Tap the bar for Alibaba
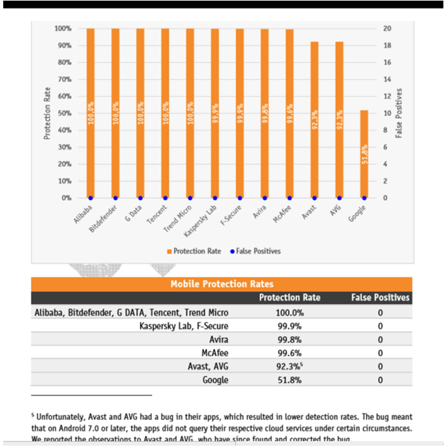(91, 113)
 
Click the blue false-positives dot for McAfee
(290, 198)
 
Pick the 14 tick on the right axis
(387, 80)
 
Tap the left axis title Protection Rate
(47, 113)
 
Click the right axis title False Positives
(399, 113)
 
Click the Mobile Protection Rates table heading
(221, 284)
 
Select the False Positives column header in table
(380, 298)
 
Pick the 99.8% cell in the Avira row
(288, 339)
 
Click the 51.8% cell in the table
(288, 380)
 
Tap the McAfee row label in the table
(214, 353)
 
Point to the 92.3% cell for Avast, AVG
(288, 366)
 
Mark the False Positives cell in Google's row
(380, 380)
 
